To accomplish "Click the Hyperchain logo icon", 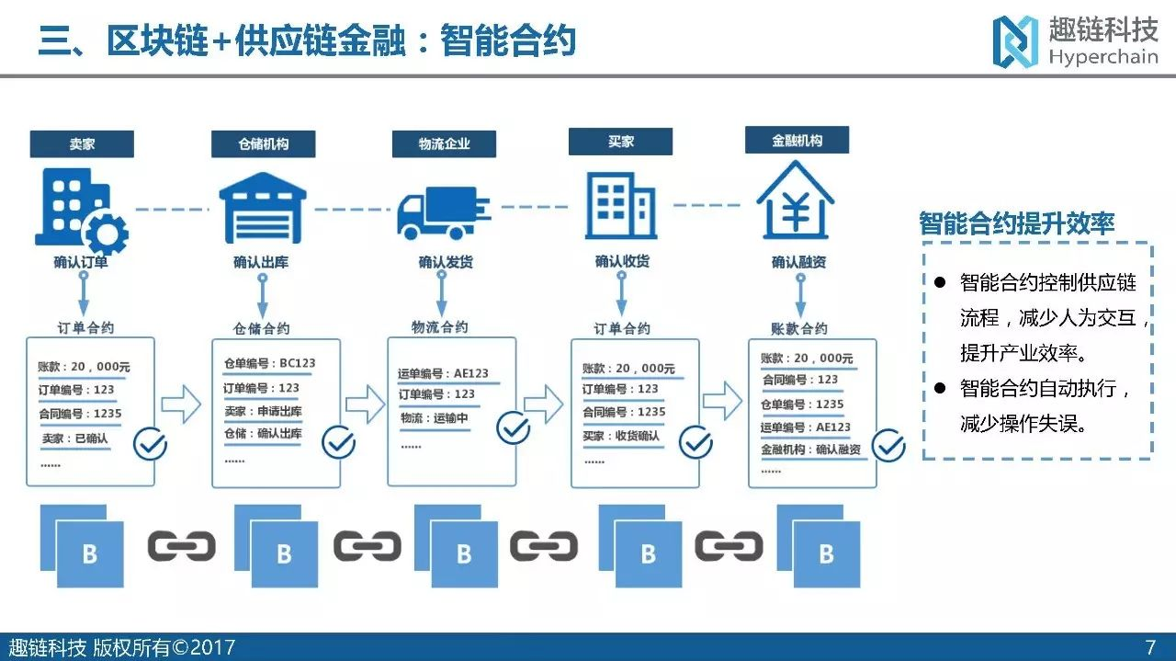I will (x=1015, y=41).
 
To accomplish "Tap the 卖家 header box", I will (x=82, y=144).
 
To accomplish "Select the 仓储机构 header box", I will (x=263, y=144).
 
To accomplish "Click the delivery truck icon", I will (x=443, y=211).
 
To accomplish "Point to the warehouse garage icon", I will (x=262, y=207).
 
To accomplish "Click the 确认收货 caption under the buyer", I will (x=622, y=262).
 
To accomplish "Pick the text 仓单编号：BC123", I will (x=269, y=363).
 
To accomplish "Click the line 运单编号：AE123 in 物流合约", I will (x=444, y=374).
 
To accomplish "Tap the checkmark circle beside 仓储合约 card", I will (x=338, y=443).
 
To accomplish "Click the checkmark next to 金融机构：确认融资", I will (x=888, y=446).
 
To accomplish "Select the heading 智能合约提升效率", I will (x=1017, y=223).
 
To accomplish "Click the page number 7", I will (x=1150, y=647).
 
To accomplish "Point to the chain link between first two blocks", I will (x=181, y=546).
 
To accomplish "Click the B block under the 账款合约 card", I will (x=825, y=553).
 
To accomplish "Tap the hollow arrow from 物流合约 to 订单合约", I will (x=543, y=403).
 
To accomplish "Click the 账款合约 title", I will (x=798, y=328).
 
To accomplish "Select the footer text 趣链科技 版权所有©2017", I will (x=122, y=647).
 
